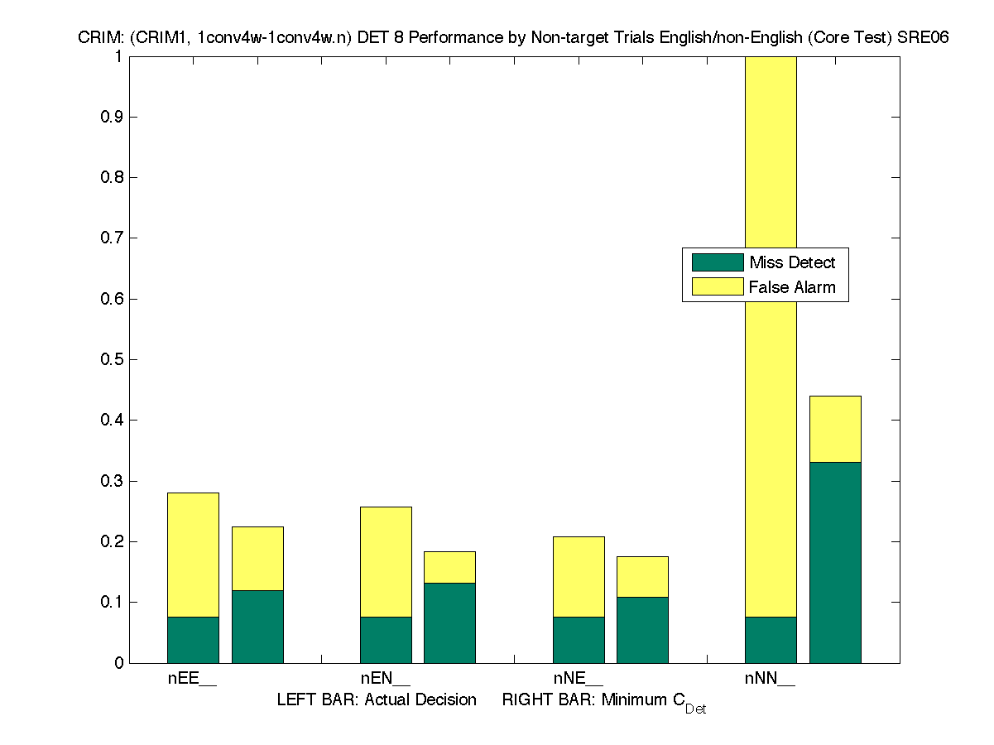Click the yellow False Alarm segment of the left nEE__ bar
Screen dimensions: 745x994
[x=193, y=555]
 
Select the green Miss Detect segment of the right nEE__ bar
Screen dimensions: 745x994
[x=257, y=627]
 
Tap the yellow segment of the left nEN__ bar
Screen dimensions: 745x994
[x=386, y=561]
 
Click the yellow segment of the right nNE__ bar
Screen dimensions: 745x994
[x=642, y=576]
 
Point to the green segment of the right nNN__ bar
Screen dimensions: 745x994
[x=835, y=562]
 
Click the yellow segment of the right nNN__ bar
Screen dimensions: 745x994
[x=835, y=429]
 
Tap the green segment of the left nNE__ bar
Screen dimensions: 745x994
[x=579, y=640]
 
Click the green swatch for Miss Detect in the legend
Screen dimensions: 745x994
[x=718, y=262]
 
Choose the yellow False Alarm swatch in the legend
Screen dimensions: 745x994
[x=718, y=287]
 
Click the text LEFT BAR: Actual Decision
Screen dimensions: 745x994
[x=377, y=699]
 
